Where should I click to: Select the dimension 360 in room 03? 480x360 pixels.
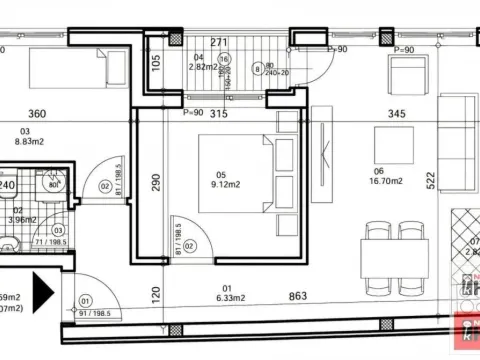[x=37, y=114]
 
